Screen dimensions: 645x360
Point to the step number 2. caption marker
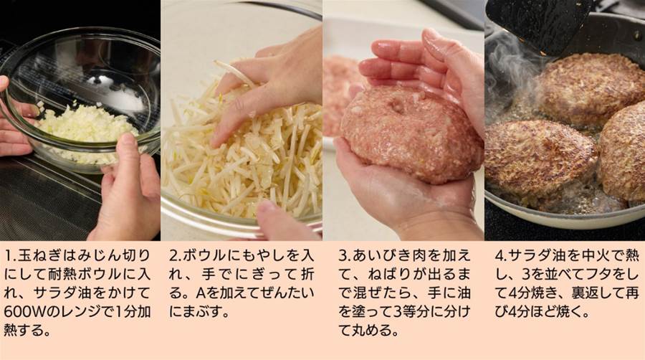coord(176,256)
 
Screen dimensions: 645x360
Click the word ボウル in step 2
coord(204,256)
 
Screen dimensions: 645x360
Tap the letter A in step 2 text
coord(201,293)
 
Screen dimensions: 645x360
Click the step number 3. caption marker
coord(345,256)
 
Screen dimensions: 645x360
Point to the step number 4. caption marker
coord(502,256)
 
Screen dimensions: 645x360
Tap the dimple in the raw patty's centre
coord(397,107)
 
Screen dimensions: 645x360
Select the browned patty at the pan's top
coord(591,88)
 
